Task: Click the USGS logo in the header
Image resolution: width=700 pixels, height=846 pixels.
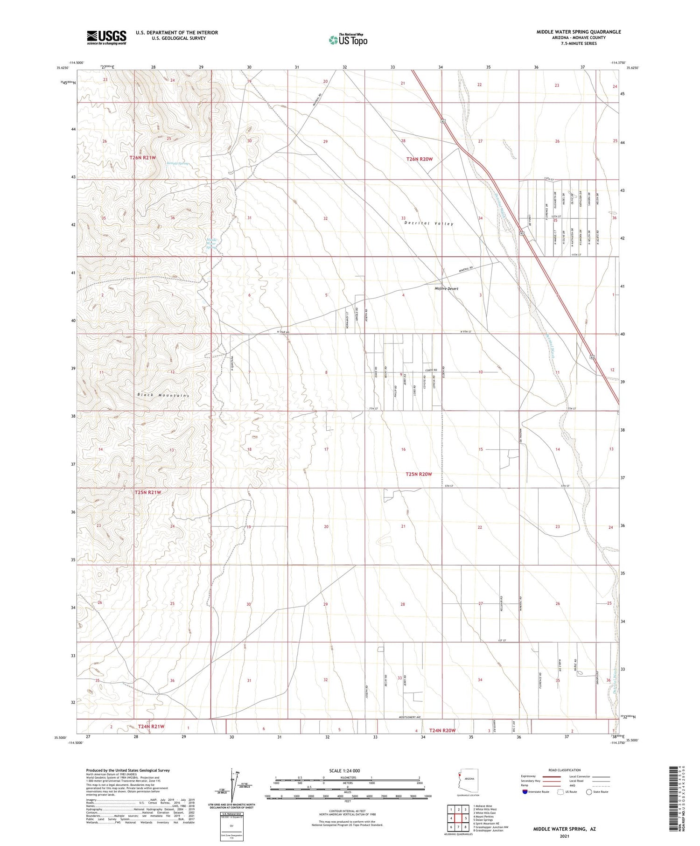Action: [x=106, y=37]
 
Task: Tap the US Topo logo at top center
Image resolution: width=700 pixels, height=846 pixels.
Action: [x=348, y=40]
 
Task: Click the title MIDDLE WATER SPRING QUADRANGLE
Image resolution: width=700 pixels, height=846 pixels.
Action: [x=578, y=32]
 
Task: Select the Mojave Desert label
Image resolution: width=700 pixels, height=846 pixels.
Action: [x=446, y=288]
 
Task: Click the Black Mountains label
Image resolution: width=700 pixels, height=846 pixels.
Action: [x=163, y=395]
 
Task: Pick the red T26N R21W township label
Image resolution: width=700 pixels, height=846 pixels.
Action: [x=142, y=158]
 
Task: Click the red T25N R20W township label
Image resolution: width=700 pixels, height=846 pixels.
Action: [x=419, y=474]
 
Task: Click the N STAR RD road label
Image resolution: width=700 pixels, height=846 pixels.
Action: [x=283, y=332]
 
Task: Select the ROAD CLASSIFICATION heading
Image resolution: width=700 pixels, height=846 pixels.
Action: [x=565, y=770]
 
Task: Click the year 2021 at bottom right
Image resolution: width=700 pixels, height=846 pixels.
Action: [x=564, y=835]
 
